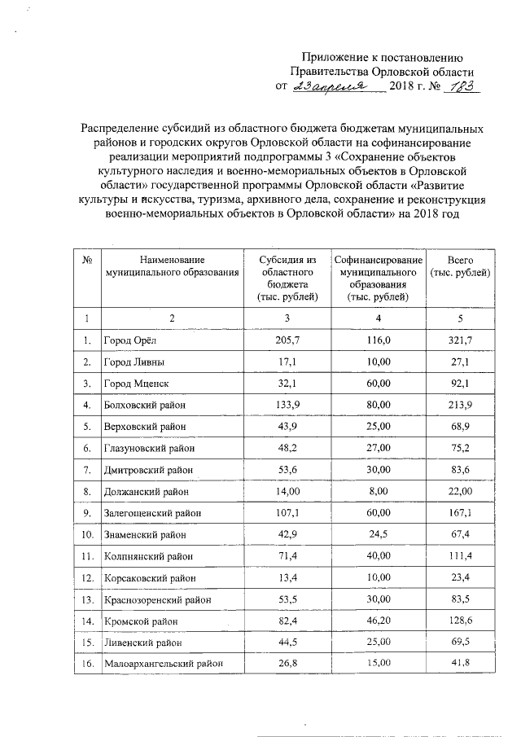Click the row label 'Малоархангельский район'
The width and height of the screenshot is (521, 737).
[162, 665]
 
